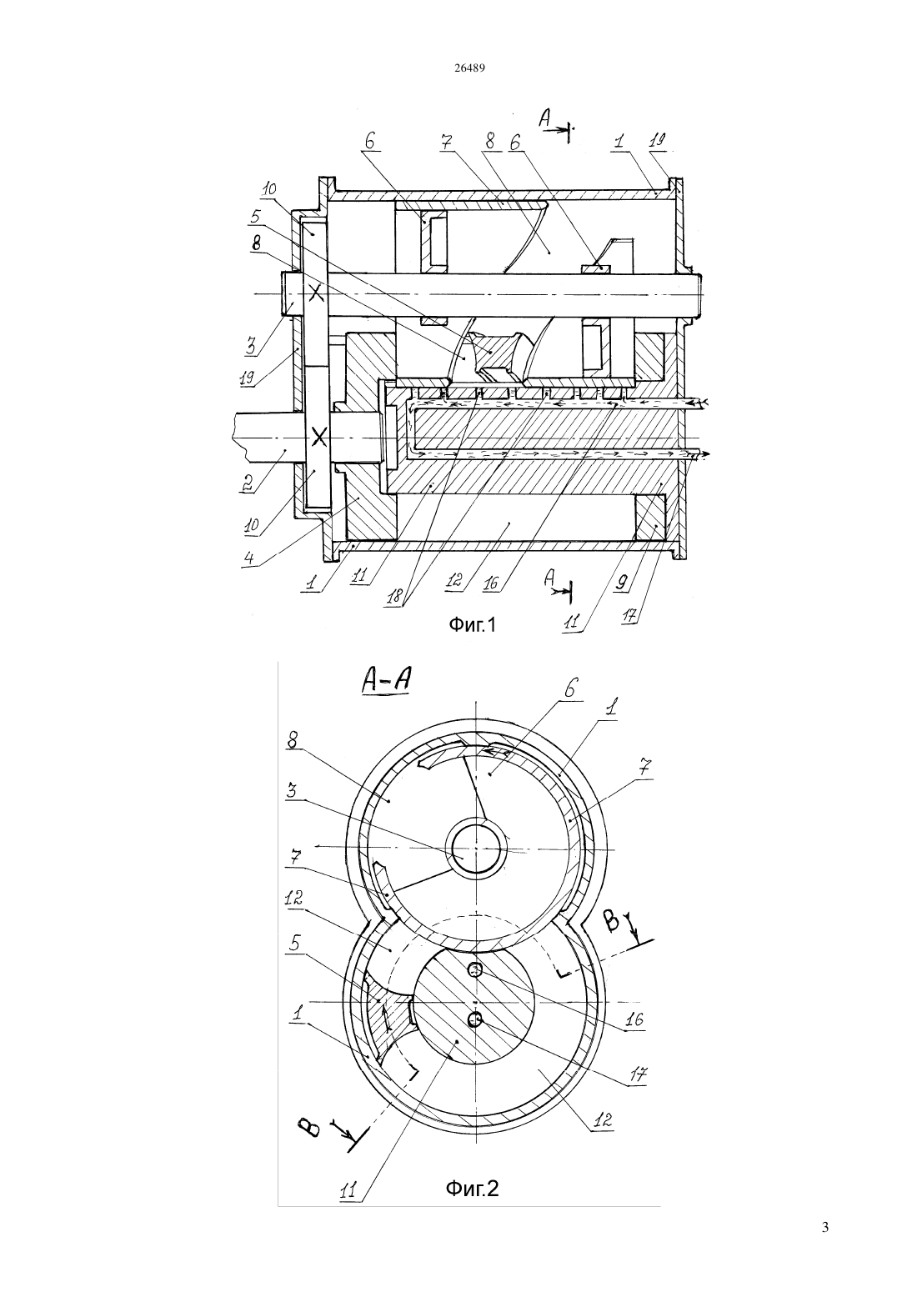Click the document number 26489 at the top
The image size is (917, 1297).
pos(469,68)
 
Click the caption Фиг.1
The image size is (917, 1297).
pos(473,625)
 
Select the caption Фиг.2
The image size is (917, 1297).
pos(472,1188)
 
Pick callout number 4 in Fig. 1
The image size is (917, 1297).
pos(249,558)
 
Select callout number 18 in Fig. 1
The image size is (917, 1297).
pos(395,596)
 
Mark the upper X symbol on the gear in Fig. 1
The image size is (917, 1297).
pos(316,293)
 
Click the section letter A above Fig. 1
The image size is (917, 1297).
pos(544,119)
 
